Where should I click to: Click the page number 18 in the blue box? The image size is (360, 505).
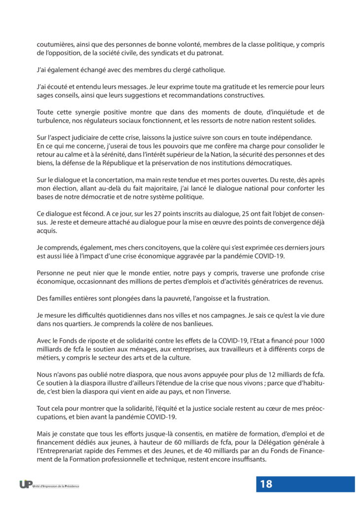(x=266, y=484)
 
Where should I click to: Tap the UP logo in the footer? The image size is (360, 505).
(x=26, y=484)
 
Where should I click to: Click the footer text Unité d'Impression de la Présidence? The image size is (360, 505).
(x=55, y=486)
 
